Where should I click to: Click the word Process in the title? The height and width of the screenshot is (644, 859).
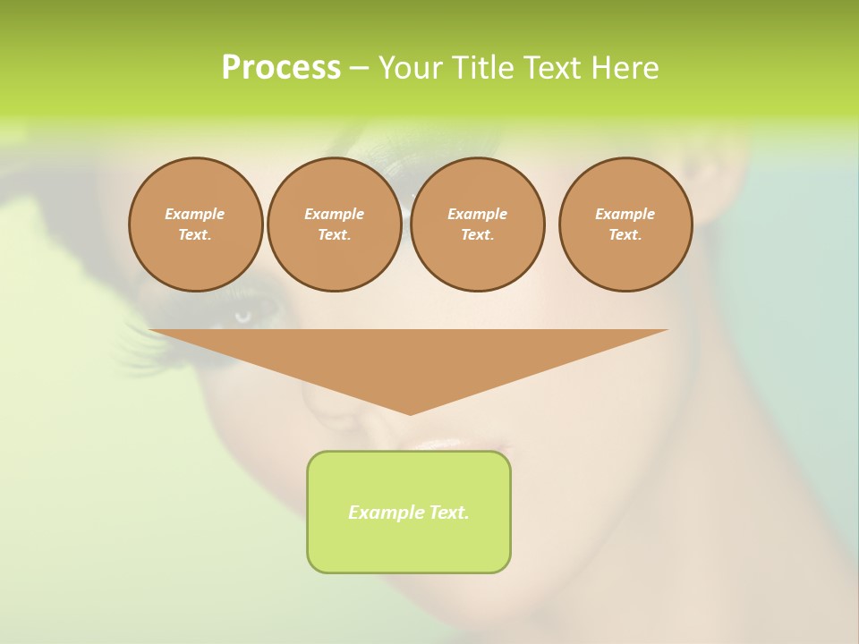click(x=281, y=68)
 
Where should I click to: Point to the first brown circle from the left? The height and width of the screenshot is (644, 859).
click(x=195, y=225)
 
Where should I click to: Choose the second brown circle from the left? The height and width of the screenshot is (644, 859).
click(x=334, y=225)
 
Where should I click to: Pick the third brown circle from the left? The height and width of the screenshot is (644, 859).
click(x=477, y=225)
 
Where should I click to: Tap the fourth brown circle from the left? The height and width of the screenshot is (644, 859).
click(x=625, y=225)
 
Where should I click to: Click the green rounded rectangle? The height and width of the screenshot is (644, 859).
click(x=409, y=546)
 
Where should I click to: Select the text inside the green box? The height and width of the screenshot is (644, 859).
click(x=409, y=513)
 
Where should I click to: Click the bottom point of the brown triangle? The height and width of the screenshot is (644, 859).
click(x=410, y=413)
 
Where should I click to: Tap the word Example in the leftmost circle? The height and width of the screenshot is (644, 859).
click(x=195, y=214)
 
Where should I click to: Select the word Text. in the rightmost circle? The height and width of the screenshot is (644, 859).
click(x=625, y=234)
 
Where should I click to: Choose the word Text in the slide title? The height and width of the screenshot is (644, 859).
click(x=553, y=68)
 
